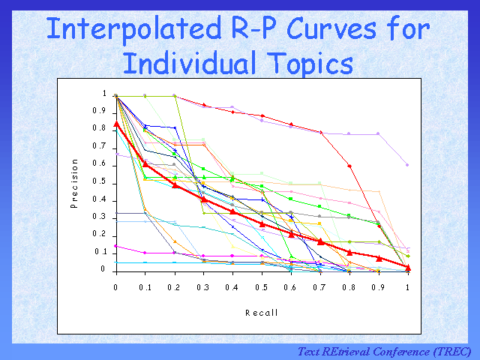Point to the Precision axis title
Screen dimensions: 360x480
pyautogui.click(x=76, y=183)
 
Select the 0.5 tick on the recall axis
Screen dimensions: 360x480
pyautogui.click(x=262, y=287)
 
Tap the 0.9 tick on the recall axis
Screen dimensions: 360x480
pyautogui.click(x=379, y=287)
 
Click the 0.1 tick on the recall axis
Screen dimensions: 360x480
pyautogui.click(x=145, y=287)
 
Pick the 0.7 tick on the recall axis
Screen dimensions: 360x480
pyautogui.click(x=320, y=287)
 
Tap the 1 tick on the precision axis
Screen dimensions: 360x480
pyautogui.click(x=105, y=94)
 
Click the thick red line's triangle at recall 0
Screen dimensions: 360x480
pyautogui.click(x=115, y=124)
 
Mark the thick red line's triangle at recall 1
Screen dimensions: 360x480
pyautogui.click(x=408, y=267)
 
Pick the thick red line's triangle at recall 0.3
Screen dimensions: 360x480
pyautogui.click(x=203, y=199)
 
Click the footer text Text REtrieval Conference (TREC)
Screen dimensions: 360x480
pyautogui.click(x=384, y=351)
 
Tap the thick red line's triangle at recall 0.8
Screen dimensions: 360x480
pyautogui.click(x=349, y=252)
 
